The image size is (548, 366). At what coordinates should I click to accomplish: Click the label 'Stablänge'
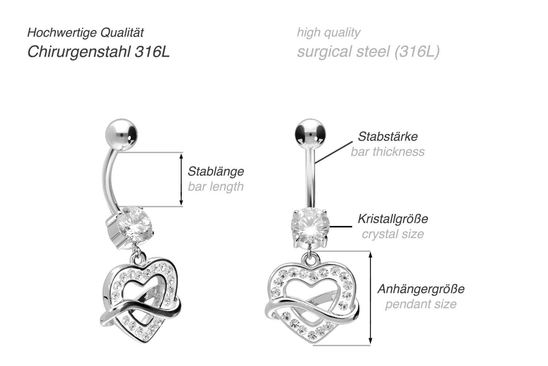pos(216,171)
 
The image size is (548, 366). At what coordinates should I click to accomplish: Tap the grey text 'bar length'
pos(216,186)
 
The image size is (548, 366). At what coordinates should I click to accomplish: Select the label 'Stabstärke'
pos(388,136)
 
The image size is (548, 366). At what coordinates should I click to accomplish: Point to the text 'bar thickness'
pos(388,151)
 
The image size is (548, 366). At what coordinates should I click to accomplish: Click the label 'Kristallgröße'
pos(393,219)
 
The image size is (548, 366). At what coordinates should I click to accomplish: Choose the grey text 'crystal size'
pos(393,234)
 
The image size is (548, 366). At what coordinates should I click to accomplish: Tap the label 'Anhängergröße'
pos(421,289)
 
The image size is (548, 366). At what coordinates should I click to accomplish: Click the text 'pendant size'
pos(421,304)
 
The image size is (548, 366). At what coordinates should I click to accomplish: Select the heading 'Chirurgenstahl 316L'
pos(99,52)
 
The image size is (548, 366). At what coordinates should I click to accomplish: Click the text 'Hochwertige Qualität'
pos(85,33)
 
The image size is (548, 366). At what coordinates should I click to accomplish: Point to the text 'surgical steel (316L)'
pos(368,52)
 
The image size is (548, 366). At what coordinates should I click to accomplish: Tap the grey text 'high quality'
pos(328,33)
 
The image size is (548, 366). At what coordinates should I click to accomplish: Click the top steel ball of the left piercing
pos(121,134)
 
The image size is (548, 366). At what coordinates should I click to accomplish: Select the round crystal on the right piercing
pos(310,225)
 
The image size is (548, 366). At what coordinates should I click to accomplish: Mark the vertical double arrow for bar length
pos(181,179)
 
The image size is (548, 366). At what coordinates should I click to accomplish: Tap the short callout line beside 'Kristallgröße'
pos(341,227)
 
